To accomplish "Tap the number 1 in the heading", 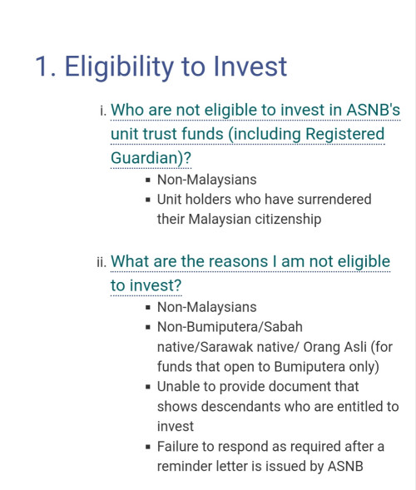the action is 42,66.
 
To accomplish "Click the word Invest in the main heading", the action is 250,66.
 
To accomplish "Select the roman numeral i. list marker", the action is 103,111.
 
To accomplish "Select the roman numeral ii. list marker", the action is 102,262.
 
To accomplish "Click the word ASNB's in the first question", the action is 374,110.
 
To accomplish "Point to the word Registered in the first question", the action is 344,135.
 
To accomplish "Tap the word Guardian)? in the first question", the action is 151,158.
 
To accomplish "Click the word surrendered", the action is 334,200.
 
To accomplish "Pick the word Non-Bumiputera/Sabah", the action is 230,328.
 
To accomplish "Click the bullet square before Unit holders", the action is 148,200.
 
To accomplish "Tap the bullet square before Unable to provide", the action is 148,387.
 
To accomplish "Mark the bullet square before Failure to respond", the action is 148,447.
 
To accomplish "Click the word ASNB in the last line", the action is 345,466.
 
